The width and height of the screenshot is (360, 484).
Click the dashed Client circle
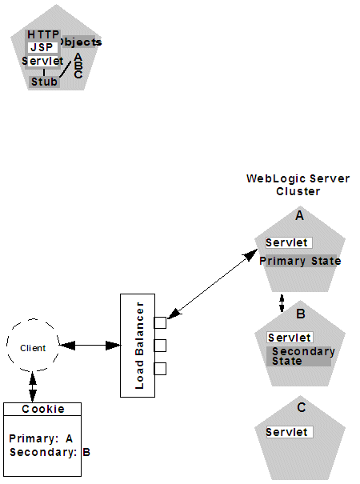point(33,347)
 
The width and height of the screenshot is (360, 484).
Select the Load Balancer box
point(137,345)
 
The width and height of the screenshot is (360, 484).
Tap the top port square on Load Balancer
point(160,323)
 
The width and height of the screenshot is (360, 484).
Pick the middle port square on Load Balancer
point(160,346)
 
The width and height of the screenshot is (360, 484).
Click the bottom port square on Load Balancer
point(160,369)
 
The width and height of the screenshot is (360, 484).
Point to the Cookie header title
point(43,409)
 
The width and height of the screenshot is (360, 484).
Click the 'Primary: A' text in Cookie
point(41,438)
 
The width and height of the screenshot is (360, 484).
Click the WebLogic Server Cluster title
point(298,185)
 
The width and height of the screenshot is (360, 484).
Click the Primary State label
point(300,261)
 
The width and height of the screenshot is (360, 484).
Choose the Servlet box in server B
point(290,338)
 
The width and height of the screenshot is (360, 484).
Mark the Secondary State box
point(298,356)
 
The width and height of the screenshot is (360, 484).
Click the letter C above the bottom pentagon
point(301,407)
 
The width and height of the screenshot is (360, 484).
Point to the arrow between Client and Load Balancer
point(90,346)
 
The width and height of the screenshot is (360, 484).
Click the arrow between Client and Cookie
point(33,386)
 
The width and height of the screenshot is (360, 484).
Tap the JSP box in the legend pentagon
point(42,47)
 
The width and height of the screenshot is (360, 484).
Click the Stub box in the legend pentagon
point(45,82)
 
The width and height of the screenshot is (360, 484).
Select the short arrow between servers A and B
point(281,303)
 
